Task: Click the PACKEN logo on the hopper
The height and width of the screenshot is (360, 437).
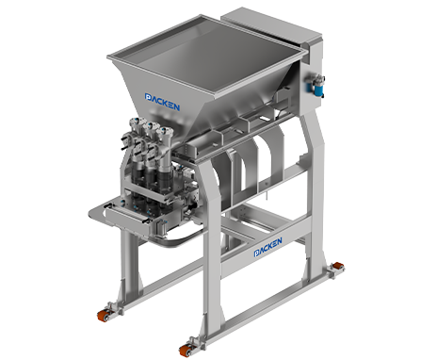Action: (162, 102)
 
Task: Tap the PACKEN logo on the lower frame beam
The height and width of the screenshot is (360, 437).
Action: (267, 247)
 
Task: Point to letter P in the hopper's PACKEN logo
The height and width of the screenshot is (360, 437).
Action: (148, 97)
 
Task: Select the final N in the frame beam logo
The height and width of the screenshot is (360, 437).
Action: (278, 241)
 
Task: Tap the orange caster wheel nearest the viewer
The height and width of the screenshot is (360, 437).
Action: (185, 350)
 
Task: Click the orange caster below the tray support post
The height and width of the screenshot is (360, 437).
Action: (103, 315)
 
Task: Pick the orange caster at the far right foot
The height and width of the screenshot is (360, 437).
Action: (338, 267)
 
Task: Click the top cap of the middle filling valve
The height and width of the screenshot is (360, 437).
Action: (151, 124)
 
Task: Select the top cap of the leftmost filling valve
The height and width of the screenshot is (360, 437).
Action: (136, 121)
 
